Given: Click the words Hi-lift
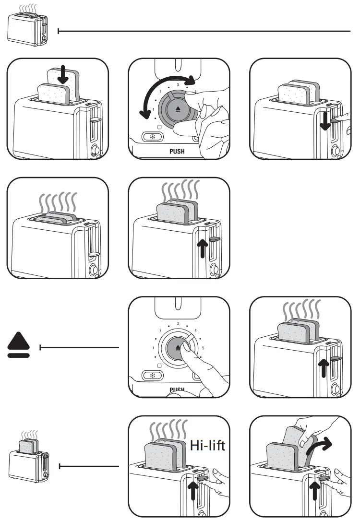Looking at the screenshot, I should tap(207, 445).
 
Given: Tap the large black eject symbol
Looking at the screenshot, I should tap(19, 346).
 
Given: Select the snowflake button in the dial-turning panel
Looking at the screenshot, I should tap(153, 137).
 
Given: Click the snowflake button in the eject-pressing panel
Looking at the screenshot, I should tap(153, 376).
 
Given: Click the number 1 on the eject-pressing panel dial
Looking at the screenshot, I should tap(153, 348).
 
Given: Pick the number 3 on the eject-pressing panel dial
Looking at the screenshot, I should tap(178, 324).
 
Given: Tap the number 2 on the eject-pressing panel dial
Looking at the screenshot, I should tap(160, 331).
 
